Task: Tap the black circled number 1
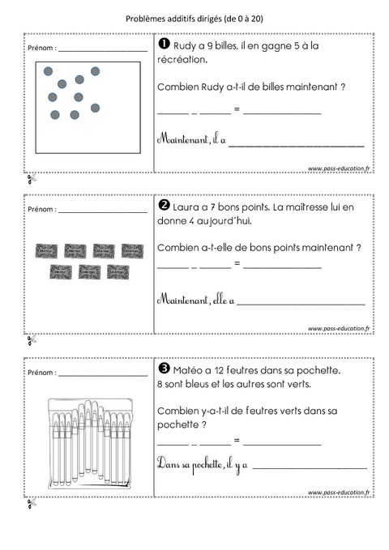pyautogui.click(x=161, y=45)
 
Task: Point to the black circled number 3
pyautogui.click(x=162, y=369)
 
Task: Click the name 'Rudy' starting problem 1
pyautogui.click(x=186, y=45)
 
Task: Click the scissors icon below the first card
pyautogui.click(x=31, y=178)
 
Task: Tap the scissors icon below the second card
pyautogui.click(x=31, y=339)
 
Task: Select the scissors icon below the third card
pyautogui.click(x=31, y=503)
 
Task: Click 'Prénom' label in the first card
pyautogui.click(x=41, y=49)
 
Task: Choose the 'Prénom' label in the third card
pyautogui.click(x=41, y=373)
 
